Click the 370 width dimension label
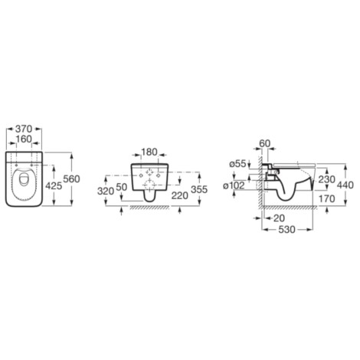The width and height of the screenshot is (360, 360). pyautogui.click(x=24, y=129)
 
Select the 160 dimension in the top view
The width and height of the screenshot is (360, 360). pyautogui.click(x=24, y=139)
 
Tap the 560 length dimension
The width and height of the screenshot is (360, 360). pyautogui.click(x=72, y=179)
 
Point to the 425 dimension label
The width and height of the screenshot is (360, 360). pyautogui.click(x=54, y=186)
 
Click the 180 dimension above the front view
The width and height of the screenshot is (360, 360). pyautogui.click(x=149, y=152)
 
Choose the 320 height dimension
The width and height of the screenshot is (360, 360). pyautogui.click(x=106, y=191)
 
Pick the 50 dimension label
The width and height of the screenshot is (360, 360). pyautogui.click(x=122, y=187)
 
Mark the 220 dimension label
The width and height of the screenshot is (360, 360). pyautogui.click(x=180, y=196)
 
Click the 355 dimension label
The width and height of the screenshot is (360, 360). pyautogui.click(x=199, y=189)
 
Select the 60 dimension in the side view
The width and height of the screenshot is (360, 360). pyautogui.click(x=265, y=143)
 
